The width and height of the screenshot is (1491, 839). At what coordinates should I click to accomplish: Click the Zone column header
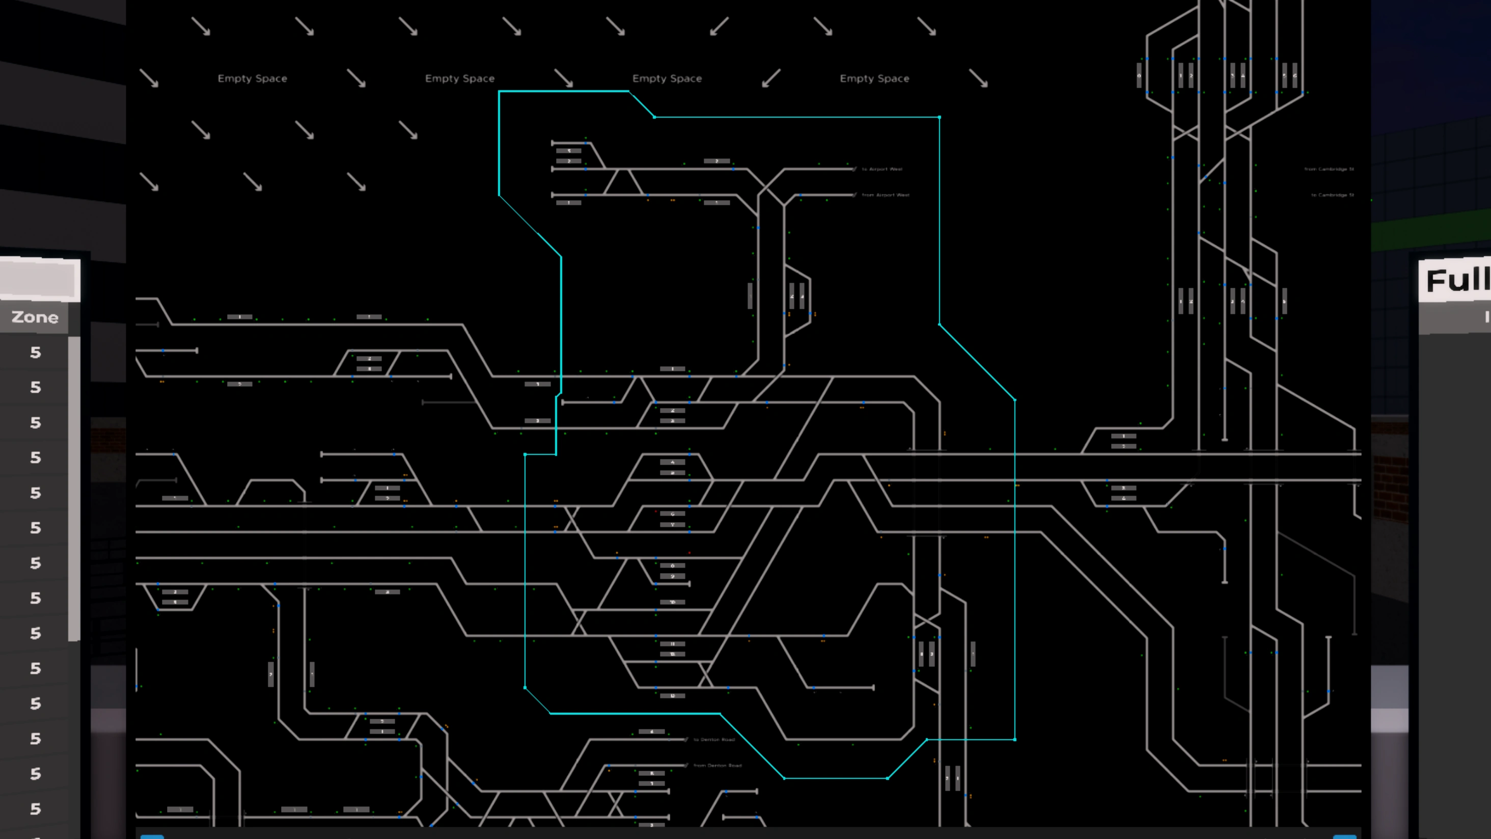tap(35, 317)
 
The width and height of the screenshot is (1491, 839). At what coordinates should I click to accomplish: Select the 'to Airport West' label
tap(881, 169)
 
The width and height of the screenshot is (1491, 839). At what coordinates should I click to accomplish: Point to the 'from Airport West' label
tap(885, 195)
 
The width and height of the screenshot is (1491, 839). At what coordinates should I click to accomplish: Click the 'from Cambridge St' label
tap(1329, 169)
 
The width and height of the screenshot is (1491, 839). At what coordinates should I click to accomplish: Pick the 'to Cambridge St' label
tap(1332, 195)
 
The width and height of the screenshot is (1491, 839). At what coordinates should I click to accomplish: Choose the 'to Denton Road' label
tap(713, 739)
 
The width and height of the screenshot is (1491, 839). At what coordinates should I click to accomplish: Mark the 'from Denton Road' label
tap(717, 766)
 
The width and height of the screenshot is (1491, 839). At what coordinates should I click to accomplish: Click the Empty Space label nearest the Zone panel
tap(253, 78)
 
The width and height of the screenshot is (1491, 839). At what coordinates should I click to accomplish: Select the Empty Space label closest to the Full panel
tap(874, 78)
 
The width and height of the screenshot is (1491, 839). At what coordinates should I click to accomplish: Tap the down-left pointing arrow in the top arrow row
tap(719, 26)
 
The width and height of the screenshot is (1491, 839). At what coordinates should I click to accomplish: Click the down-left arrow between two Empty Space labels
tap(771, 78)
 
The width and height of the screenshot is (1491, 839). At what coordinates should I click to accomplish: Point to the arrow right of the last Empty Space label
tap(978, 78)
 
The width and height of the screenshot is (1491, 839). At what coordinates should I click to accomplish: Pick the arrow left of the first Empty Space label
tap(149, 78)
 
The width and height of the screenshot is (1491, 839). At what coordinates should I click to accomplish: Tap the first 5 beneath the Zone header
tap(35, 353)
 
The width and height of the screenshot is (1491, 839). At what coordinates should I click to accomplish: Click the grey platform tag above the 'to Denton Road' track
tap(652, 732)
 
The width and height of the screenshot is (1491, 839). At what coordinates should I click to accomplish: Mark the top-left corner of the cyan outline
tap(500, 92)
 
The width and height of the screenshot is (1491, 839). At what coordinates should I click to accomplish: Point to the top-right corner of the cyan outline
tap(939, 118)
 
